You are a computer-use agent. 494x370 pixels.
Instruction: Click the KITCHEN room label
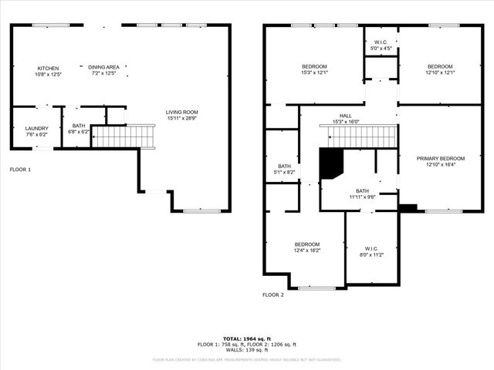pos(48,68)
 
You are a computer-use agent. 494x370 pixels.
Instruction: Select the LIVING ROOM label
pos(182,113)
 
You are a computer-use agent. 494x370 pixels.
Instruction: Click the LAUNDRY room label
pos(36,129)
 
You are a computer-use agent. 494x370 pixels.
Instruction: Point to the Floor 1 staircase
pos(123,136)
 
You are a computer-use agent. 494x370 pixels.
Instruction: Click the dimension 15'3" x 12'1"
pos(314,74)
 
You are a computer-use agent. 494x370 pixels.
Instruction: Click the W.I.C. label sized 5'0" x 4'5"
pos(380,42)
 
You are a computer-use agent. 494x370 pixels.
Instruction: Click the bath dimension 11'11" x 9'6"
pos(362,197)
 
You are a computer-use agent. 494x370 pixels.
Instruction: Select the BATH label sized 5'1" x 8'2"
pos(284,166)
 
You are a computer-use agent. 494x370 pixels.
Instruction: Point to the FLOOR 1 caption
pos(20,169)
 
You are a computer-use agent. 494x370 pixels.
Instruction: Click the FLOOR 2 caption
pos(273,294)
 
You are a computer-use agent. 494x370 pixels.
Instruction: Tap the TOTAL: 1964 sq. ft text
pos(247,338)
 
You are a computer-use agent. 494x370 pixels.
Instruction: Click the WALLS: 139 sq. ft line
pos(247,350)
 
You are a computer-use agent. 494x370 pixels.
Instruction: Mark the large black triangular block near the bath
pos(330,163)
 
